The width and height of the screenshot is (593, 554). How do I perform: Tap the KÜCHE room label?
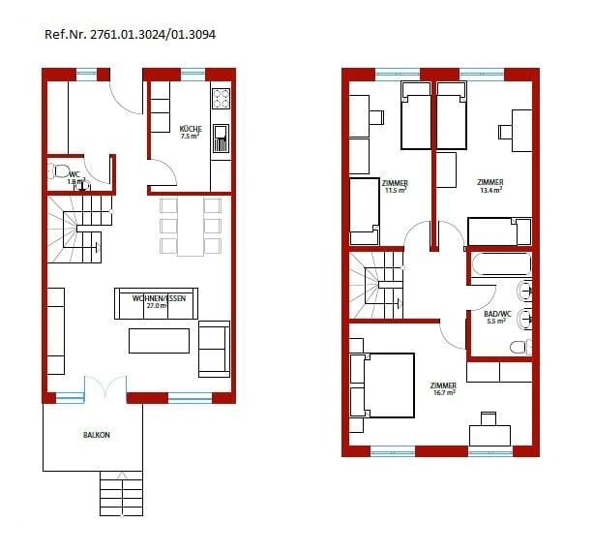point(190,132)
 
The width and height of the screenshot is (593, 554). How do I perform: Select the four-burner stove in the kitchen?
point(221,98)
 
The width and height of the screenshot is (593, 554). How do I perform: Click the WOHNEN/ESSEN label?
point(159,299)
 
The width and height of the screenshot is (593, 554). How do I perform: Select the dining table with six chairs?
point(191,227)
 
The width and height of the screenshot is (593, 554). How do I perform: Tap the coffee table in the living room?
point(160,341)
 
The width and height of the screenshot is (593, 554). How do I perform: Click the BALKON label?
point(96,436)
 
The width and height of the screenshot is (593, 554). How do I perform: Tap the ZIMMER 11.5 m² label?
point(395,186)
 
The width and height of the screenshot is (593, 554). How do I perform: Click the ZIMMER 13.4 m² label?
point(490,186)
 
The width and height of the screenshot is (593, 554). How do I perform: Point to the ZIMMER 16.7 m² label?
point(443,388)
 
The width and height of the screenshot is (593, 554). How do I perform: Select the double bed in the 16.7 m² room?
point(383,385)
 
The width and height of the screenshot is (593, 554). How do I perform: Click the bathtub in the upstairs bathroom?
point(499,265)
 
